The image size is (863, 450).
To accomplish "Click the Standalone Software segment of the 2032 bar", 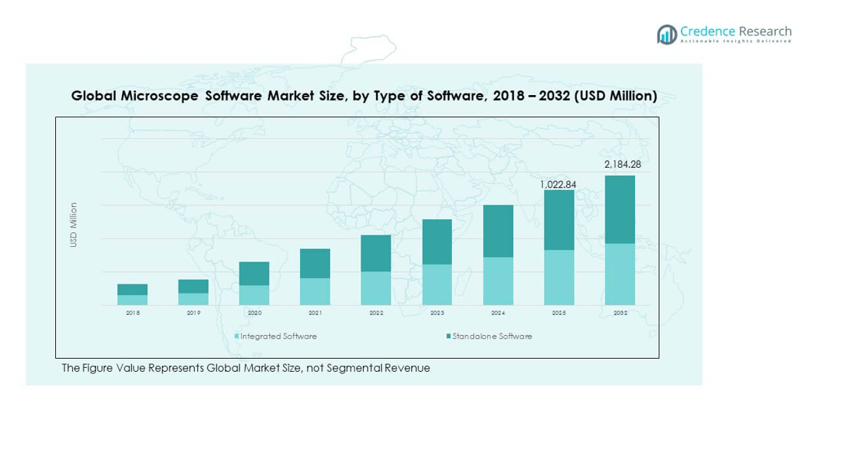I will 619,209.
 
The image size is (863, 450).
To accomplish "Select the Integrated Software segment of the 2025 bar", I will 558,277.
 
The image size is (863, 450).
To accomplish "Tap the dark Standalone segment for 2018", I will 132,290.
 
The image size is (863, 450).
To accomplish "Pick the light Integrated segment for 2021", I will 315,291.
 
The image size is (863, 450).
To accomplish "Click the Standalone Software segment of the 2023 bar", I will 436,241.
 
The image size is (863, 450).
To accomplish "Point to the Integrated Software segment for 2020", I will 254,295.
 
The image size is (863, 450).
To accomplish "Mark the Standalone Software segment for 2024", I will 497,231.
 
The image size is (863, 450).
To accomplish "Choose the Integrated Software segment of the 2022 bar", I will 376,288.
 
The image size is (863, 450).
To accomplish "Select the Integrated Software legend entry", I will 278,337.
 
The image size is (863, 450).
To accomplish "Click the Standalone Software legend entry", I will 491,337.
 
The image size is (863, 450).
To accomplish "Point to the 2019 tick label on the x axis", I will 193,314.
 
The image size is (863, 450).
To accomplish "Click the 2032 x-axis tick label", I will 620,314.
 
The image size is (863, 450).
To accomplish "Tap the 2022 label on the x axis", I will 376,314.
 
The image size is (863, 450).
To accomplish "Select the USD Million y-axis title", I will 74,225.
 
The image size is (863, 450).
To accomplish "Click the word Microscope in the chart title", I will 156,96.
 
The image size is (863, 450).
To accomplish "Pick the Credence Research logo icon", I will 667,34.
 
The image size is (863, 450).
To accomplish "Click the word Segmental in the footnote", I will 352,369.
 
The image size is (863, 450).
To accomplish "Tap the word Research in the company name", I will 765,31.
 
